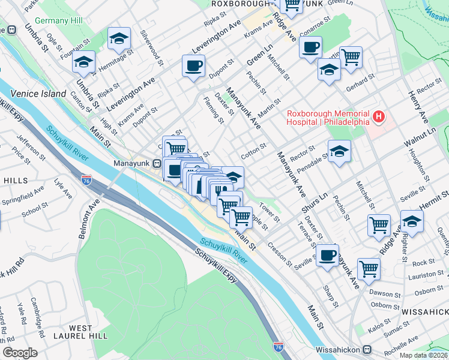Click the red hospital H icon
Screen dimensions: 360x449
pyautogui.click(x=379, y=116)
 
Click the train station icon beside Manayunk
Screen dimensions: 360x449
pyautogui.click(x=157, y=163)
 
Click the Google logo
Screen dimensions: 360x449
pyautogui.click(x=20, y=353)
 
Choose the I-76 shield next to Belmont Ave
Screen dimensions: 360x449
pyautogui.click(x=86, y=179)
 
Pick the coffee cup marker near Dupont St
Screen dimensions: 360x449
pyautogui.click(x=193, y=66)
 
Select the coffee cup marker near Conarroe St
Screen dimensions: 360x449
pyautogui.click(x=310, y=47)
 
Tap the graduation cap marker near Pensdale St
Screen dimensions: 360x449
pyautogui.click(x=339, y=151)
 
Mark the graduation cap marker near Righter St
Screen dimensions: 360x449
pyautogui.click(x=412, y=221)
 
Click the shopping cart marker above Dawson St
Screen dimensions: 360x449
pyautogui.click(x=368, y=268)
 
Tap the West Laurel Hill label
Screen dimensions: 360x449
pyautogui.click(x=81, y=333)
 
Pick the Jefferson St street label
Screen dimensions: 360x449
pyautogui.click(x=31, y=146)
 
